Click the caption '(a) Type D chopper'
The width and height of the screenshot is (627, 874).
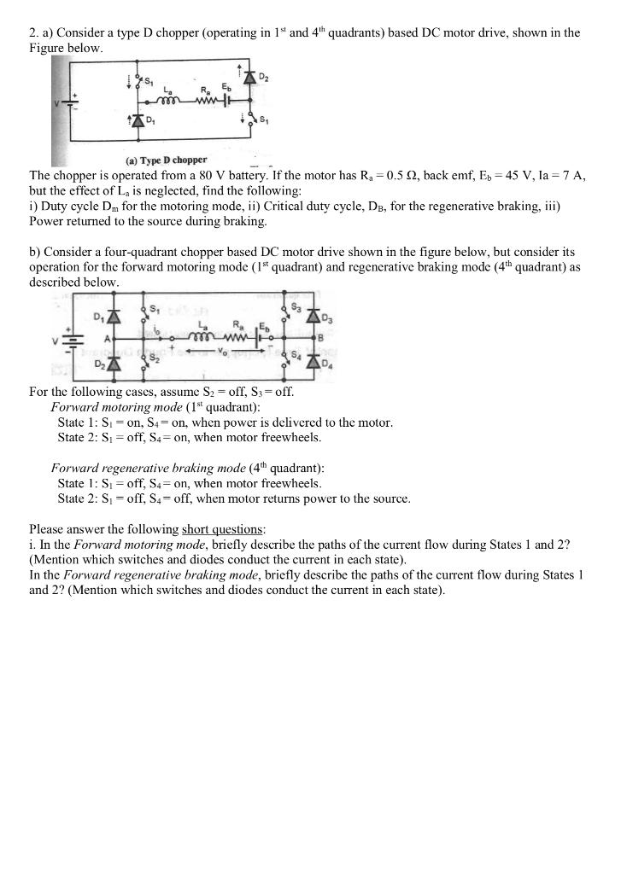(x=167, y=160)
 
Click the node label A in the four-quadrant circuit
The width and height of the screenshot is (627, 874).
(x=107, y=338)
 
